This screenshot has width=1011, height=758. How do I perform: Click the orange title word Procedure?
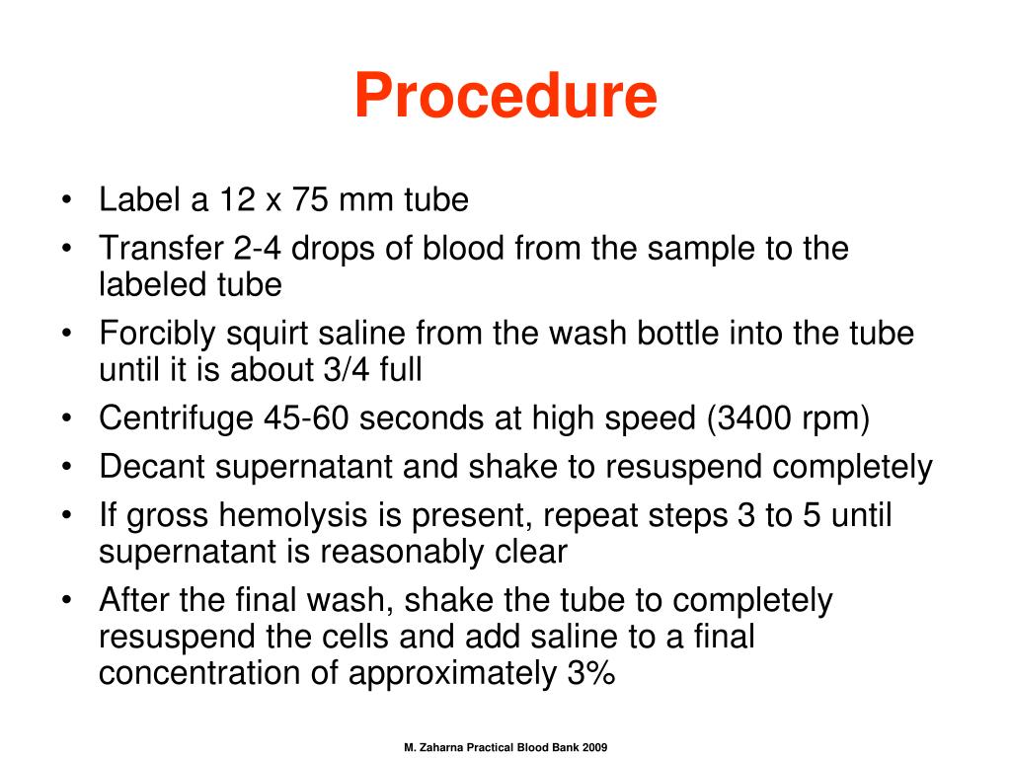[x=505, y=96]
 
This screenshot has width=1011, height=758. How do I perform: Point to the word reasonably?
[x=396, y=552]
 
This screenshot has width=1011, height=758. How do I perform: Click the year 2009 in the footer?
[x=594, y=748]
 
